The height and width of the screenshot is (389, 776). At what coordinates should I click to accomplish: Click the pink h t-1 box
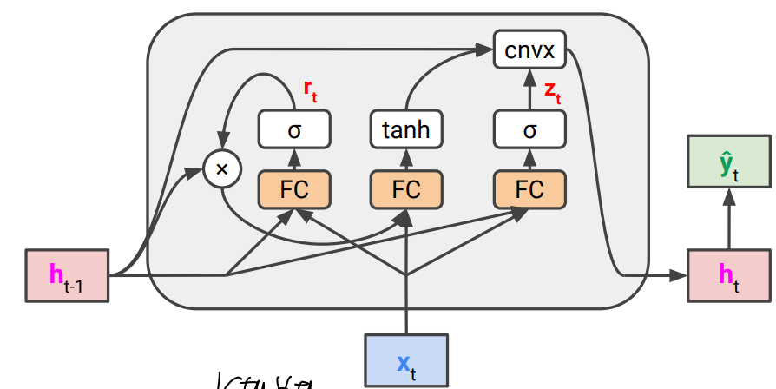click(68, 276)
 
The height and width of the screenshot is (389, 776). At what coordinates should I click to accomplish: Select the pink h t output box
click(729, 276)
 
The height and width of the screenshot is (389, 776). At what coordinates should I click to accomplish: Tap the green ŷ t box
click(729, 161)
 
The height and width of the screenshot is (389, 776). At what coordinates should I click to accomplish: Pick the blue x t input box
click(406, 359)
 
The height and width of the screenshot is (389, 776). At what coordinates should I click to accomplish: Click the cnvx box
click(529, 51)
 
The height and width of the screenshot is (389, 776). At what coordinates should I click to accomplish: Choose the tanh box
click(406, 130)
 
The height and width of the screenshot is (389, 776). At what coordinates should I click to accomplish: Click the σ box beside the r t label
click(294, 130)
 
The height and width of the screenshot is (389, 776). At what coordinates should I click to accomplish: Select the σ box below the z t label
click(529, 130)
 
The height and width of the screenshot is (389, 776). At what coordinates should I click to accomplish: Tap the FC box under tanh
click(406, 189)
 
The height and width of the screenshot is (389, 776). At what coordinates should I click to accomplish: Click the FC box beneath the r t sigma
click(294, 189)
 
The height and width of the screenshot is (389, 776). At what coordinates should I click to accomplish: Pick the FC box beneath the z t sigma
click(529, 189)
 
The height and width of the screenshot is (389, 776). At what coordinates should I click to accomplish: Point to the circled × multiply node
click(221, 169)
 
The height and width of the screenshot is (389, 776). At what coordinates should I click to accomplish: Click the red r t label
click(310, 89)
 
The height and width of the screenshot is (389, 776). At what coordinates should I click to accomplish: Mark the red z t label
click(553, 90)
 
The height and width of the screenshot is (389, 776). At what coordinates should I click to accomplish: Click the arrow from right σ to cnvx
click(529, 90)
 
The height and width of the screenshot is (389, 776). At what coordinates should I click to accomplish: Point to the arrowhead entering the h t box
click(678, 276)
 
